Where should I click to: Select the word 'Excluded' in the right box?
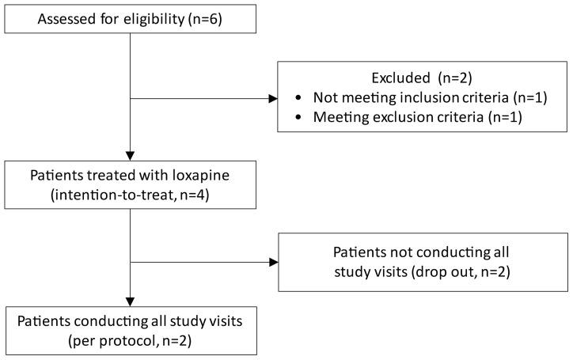coord(397,78)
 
